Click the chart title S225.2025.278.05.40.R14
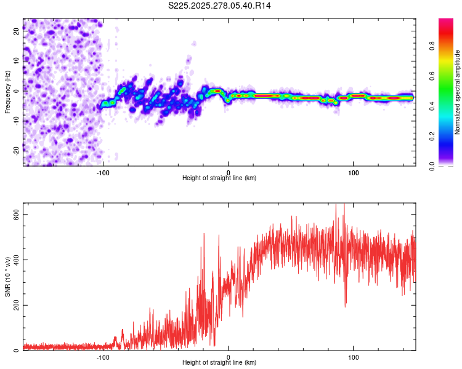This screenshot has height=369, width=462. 220,6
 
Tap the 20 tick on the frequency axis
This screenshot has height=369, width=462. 17,32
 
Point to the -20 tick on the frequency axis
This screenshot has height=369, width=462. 15,149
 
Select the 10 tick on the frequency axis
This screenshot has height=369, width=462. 17,61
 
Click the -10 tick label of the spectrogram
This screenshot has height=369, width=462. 15,121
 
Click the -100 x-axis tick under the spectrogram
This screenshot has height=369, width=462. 103,173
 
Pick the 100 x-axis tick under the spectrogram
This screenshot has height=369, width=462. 354,173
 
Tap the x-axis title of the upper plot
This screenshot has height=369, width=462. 219,178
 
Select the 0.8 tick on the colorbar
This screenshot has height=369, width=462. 432,46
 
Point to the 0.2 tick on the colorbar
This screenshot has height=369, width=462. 432,136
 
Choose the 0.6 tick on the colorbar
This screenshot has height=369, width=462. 432,76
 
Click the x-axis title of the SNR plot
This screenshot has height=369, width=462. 219,363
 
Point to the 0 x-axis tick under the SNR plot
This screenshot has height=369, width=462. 229,357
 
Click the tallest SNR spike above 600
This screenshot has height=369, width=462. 344,205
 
